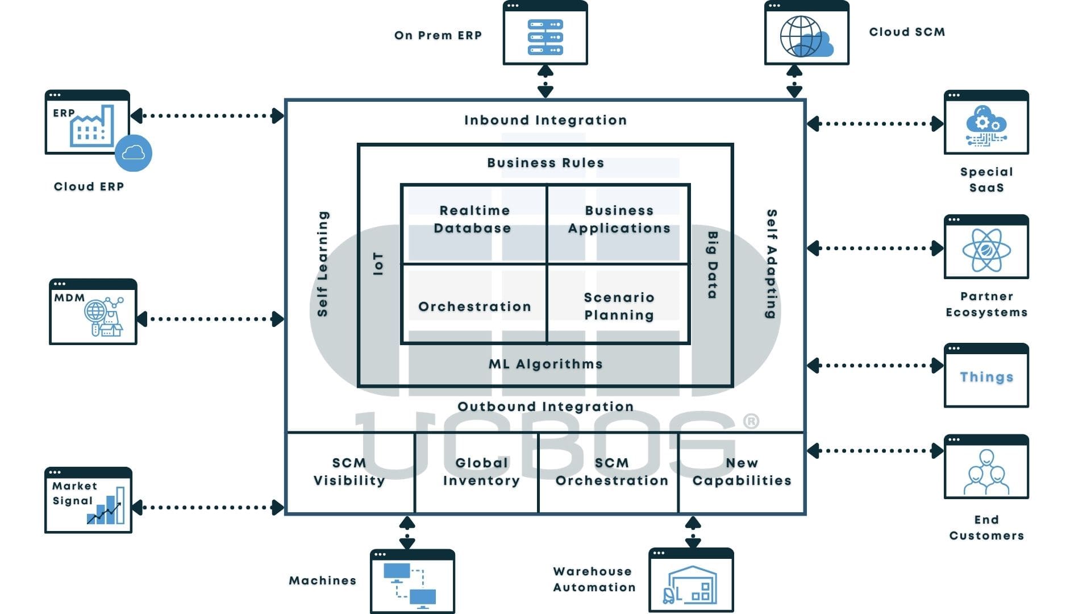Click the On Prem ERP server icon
pos(545,38)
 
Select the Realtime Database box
pos(474,224)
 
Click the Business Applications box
pos(619,224)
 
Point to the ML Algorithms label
pos(545,364)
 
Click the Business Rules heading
pos(545,163)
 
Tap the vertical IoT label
pos(378,264)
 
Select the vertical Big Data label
pos(712,265)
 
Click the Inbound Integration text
pos(545,120)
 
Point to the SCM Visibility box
pos(349,472)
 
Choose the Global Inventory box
pos(481,472)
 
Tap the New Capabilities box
pos(742,472)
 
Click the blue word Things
pos(986,377)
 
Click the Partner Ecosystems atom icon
pos(986,250)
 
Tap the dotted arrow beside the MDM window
pos(210,319)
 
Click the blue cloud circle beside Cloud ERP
pos(134,153)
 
